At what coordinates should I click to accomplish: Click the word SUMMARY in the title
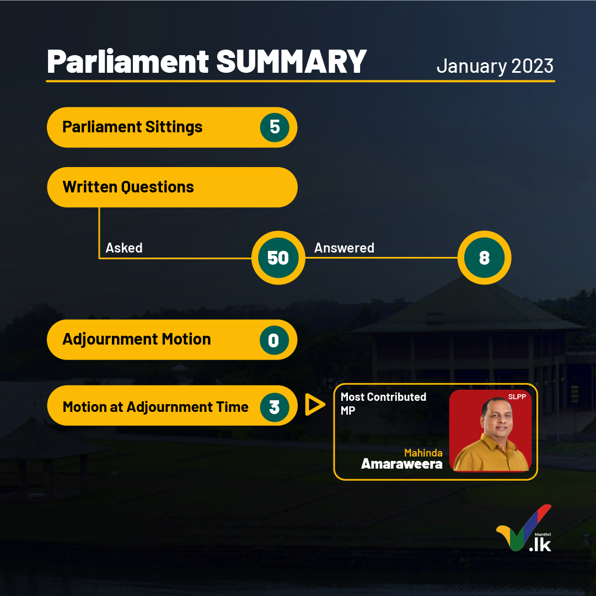pos(291,61)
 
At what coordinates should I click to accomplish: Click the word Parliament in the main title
pos(128,61)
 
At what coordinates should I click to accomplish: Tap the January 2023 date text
pos(495,66)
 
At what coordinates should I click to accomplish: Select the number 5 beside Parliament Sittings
pos(275,127)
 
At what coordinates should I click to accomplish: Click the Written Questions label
pos(128,187)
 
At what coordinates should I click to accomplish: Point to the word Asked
pos(124,248)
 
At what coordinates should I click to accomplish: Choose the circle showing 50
pos(278,257)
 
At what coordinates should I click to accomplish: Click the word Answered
pos(344,248)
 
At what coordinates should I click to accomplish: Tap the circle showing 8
pos(484,257)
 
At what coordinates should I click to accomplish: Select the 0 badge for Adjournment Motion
pos(274,340)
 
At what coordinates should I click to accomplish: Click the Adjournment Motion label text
pos(136,339)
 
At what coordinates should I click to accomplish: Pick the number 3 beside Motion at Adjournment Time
pos(275,407)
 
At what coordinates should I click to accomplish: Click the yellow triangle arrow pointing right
pos(315,405)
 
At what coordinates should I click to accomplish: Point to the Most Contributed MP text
pos(383,403)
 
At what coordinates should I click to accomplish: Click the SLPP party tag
pos(517,397)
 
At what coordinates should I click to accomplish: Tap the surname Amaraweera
pos(402,464)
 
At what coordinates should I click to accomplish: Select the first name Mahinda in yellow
pos(423,453)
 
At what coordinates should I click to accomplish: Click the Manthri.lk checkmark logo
pos(524,528)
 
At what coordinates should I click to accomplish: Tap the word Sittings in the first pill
pos(174,127)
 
